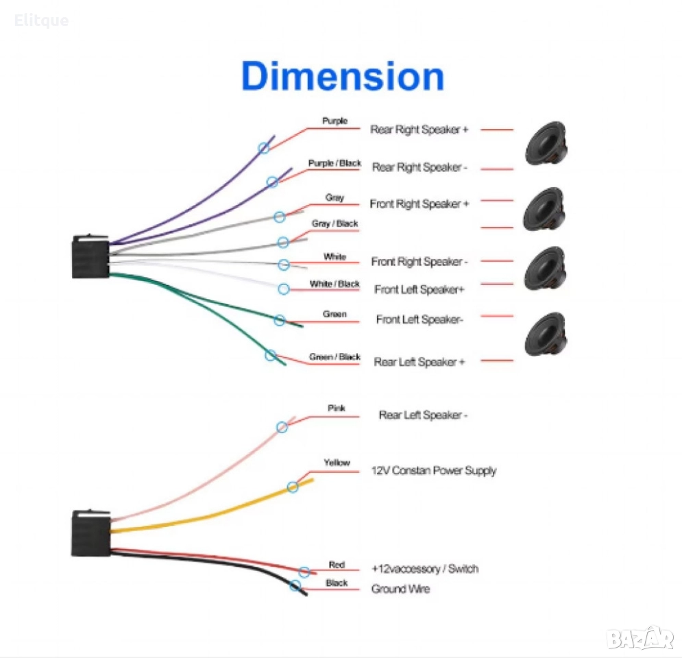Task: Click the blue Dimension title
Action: click(x=342, y=77)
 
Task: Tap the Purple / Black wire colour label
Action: click(x=334, y=163)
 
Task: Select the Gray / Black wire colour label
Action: click(x=334, y=223)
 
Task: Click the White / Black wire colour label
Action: click(x=334, y=284)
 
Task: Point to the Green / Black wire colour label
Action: click(x=334, y=356)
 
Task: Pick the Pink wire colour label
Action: click(x=336, y=408)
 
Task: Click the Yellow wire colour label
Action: click(x=337, y=463)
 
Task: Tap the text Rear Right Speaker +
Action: click(x=419, y=130)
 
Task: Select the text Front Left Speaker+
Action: click(x=419, y=289)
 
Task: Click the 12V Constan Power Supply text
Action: click(x=433, y=471)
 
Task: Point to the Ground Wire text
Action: click(x=400, y=589)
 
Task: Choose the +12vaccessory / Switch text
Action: click(x=424, y=569)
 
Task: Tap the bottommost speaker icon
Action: click(x=545, y=334)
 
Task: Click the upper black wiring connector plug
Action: click(x=90, y=257)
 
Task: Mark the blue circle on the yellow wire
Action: click(x=293, y=487)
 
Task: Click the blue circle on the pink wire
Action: click(x=282, y=427)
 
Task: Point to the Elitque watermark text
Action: click(x=41, y=21)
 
